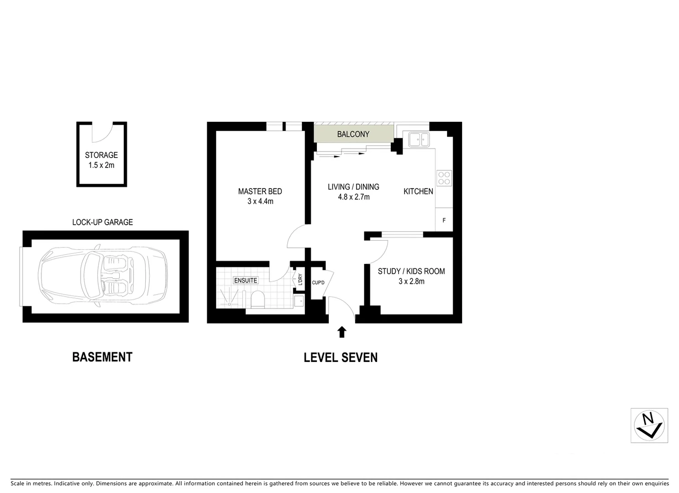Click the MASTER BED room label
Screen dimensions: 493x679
coord(260,191)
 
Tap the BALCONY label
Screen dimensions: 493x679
coord(353,134)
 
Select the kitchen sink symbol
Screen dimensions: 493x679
coord(418,140)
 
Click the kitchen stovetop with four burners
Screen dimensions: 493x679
coord(444,178)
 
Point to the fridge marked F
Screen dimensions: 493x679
coord(444,220)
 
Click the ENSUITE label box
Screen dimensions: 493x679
coord(246,280)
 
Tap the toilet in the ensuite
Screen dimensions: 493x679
coord(258,299)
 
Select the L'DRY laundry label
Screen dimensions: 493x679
coord(300,279)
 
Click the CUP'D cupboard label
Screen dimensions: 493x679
coord(318,283)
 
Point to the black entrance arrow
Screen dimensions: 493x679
coord(342,332)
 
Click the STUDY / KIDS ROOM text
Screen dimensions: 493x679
coord(411,271)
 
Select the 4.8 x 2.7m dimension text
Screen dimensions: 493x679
coord(353,197)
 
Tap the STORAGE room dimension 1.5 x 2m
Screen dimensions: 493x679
coord(101,165)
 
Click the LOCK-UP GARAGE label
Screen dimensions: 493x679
coord(102,222)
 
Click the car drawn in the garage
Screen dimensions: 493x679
coord(103,276)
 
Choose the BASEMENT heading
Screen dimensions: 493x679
coord(102,357)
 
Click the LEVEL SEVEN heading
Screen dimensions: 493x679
coord(341,357)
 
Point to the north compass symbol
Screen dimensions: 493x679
coord(649,425)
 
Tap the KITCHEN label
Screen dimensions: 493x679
coord(418,191)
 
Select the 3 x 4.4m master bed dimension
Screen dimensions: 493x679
coord(260,201)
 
